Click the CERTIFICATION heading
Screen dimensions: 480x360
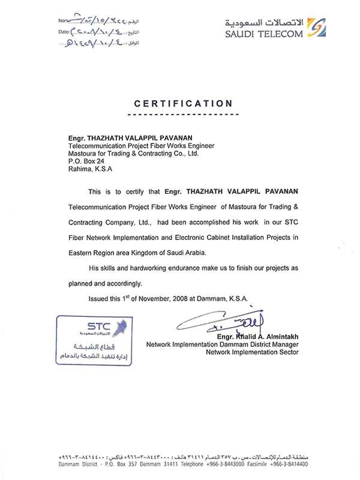pos(184,103)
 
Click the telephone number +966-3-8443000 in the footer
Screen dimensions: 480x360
pos(235,464)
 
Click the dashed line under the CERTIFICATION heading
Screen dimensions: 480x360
pos(184,113)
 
